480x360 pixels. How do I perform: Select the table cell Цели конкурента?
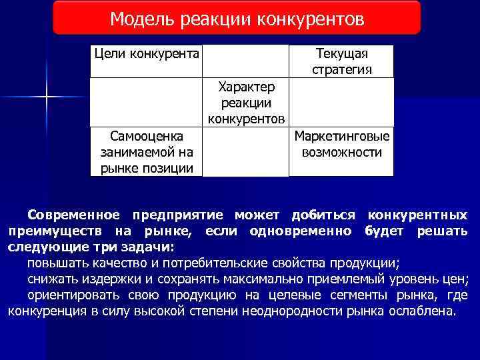pyautogui.click(x=147, y=53)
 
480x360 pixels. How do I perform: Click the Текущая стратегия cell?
pyautogui.click(x=341, y=61)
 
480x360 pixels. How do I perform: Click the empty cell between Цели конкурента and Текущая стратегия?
pyautogui.click(x=246, y=61)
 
